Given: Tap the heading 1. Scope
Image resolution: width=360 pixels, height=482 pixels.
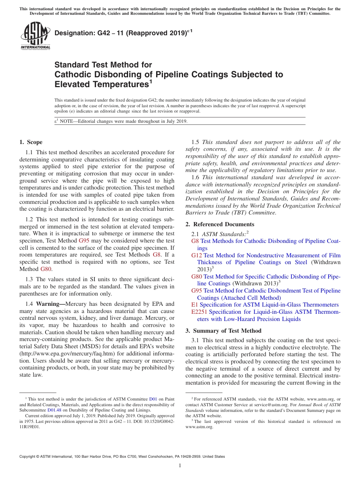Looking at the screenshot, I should pos(31,142).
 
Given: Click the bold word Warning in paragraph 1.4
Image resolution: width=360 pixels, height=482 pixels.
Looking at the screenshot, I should pos(50,304).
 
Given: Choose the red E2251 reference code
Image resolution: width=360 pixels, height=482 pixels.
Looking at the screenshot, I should pos(199,312).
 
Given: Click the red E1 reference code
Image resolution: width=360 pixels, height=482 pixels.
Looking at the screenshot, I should pos(195,305).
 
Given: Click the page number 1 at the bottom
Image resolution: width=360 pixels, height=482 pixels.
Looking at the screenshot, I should pos(180,466).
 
